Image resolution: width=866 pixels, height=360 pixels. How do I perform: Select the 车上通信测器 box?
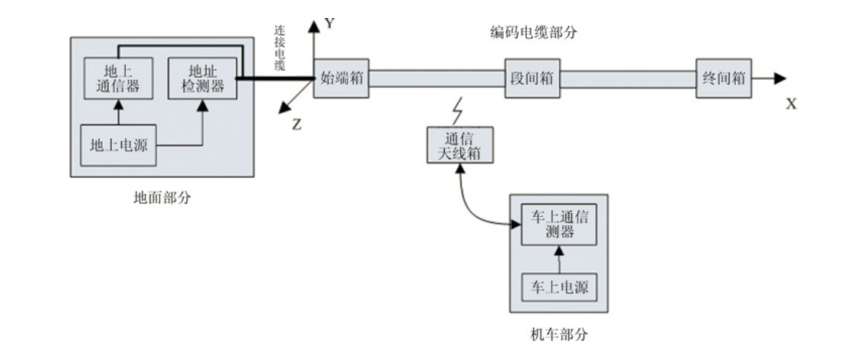point(557,224)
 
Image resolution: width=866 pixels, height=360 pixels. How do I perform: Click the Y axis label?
point(330,24)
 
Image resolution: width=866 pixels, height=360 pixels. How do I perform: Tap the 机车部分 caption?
point(559,335)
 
